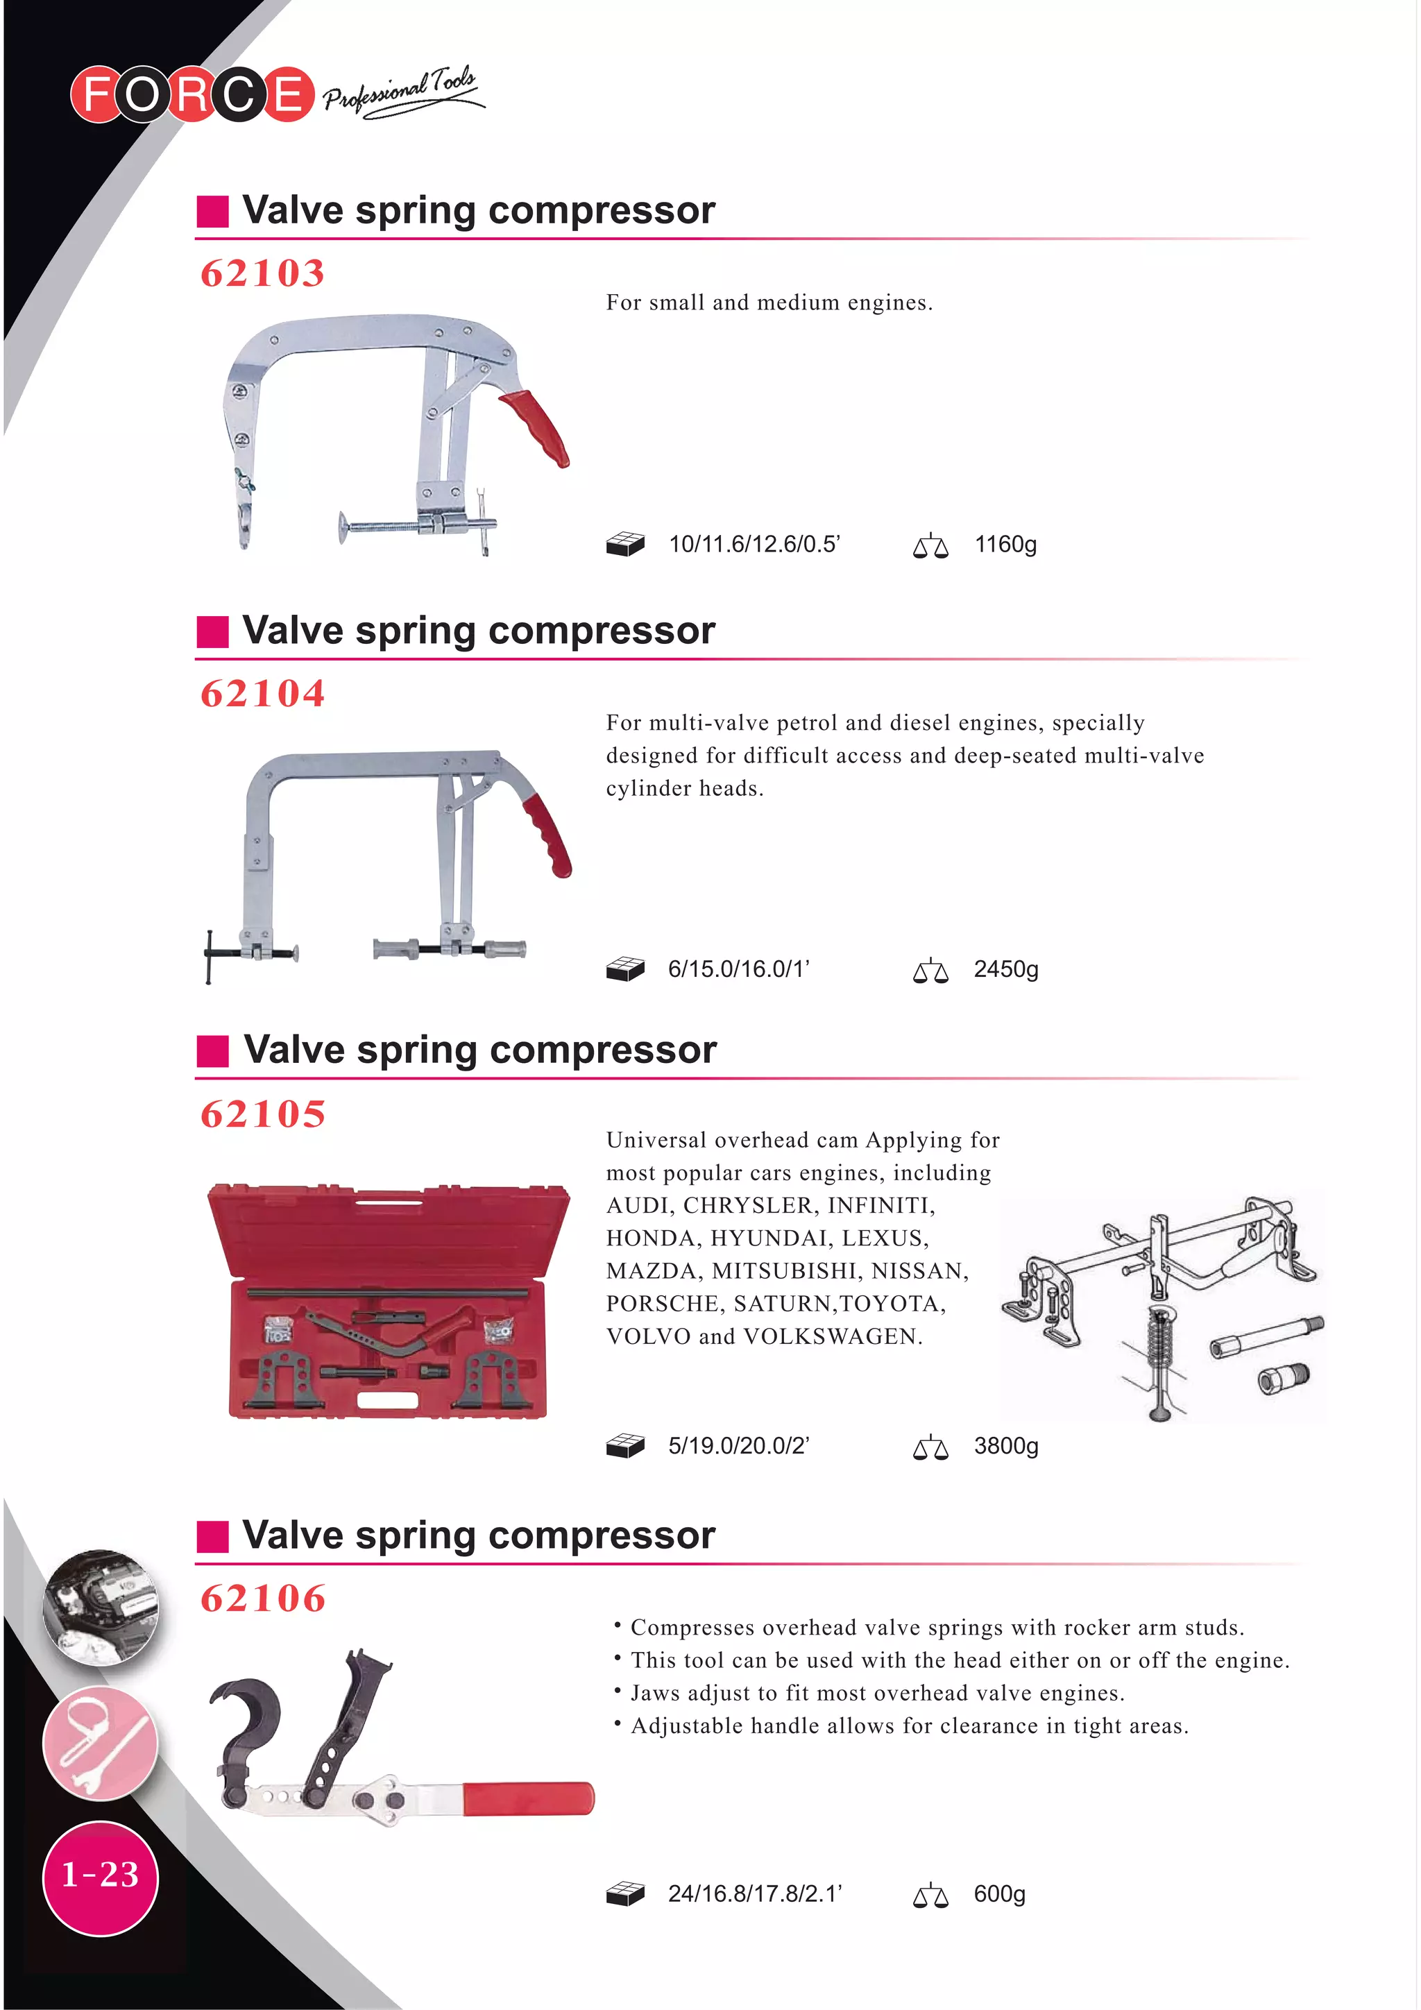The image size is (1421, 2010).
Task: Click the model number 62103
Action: [263, 273]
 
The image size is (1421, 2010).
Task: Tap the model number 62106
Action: [263, 1599]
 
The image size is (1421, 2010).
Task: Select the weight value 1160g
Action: [1005, 545]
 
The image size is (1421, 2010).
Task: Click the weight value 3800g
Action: [1006, 1445]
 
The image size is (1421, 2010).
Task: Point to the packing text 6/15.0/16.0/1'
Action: [738, 969]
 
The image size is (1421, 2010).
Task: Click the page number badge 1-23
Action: [100, 1874]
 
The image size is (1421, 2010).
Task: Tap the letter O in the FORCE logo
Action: [142, 94]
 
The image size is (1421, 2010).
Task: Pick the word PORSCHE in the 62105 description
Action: [662, 1304]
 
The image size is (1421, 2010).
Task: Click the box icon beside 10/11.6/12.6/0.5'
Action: [625, 545]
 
